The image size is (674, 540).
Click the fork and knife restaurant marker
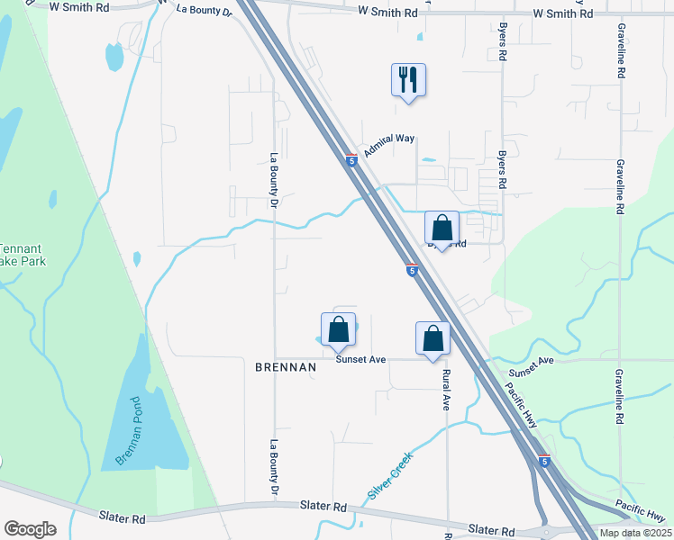pyautogui.click(x=408, y=80)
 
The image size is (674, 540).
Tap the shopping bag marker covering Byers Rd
pyautogui.click(x=442, y=228)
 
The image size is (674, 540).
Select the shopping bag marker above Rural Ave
pyautogui.click(x=433, y=338)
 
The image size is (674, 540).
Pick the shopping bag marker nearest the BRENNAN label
pyautogui.click(x=339, y=329)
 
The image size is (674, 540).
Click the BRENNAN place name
pyautogui.click(x=286, y=367)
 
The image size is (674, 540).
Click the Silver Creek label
pyautogui.click(x=390, y=476)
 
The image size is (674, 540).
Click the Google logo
pyautogui.click(x=30, y=529)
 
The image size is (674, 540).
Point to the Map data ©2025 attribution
pyautogui.click(x=634, y=533)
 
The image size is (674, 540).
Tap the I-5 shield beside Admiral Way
pyautogui.click(x=351, y=160)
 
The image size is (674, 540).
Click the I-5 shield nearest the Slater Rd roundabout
pyautogui.click(x=543, y=461)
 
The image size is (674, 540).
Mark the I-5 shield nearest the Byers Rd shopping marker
pyautogui.click(x=411, y=270)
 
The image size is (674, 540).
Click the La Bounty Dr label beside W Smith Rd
pyautogui.click(x=205, y=10)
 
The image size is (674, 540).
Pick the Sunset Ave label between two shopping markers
pyautogui.click(x=360, y=359)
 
